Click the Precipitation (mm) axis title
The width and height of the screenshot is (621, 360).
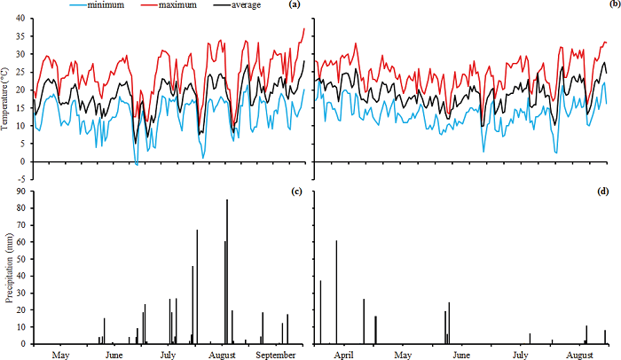pyautogui.click(x=9, y=268)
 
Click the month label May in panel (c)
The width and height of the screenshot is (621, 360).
pyautogui.click(x=60, y=355)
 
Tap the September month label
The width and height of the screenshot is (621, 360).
pyautogui.click(x=276, y=355)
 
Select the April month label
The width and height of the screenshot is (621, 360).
pyautogui.click(x=346, y=355)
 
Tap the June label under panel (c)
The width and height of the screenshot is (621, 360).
pyautogui.click(x=114, y=355)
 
